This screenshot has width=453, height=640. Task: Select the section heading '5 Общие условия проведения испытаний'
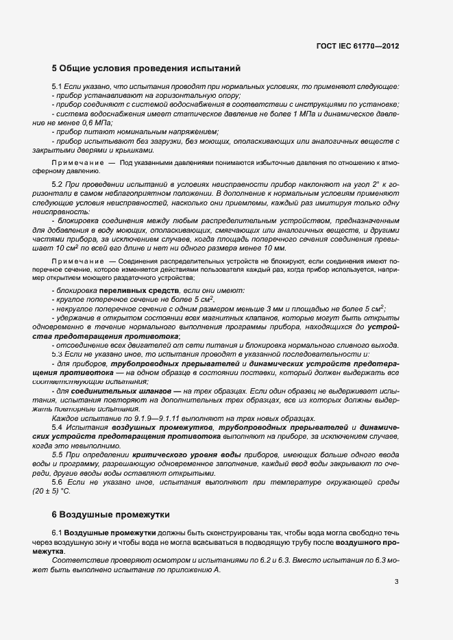pyautogui.click(x=146, y=68)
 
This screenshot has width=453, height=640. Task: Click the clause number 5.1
pyautogui.click(x=57, y=87)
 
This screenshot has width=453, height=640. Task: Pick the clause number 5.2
pyautogui.click(x=57, y=185)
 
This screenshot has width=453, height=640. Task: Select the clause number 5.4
pyautogui.click(x=57, y=427)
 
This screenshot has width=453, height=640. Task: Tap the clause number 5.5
pyautogui.click(x=57, y=454)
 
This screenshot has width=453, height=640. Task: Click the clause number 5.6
pyautogui.click(x=57, y=481)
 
